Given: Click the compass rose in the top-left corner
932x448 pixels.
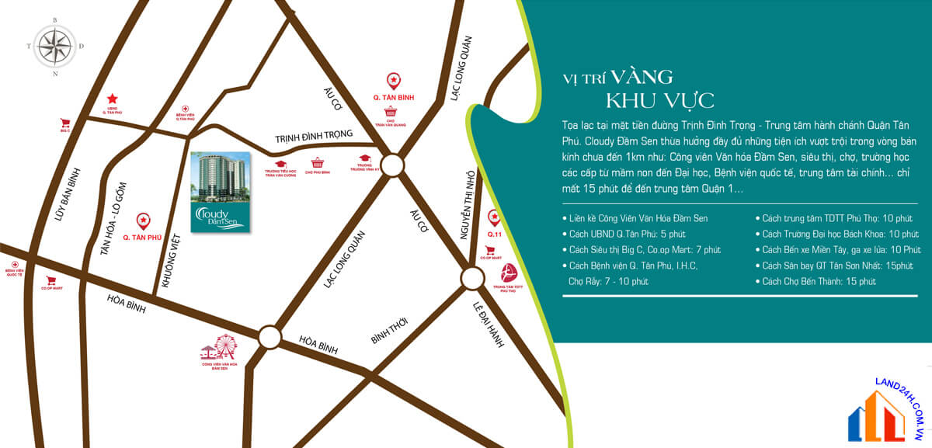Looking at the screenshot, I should tap(54, 46).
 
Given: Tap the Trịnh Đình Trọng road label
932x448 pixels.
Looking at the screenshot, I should tap(314, 138).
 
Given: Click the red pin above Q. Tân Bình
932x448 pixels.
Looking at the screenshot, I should tap(394, 80).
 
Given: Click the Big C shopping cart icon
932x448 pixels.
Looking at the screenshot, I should tap(65, 123).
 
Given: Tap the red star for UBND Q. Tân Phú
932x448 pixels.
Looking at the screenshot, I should tap(113, 99).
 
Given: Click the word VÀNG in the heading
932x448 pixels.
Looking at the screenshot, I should tap(641, 76).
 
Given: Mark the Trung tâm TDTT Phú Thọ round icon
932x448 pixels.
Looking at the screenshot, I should tap(509, 273).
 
